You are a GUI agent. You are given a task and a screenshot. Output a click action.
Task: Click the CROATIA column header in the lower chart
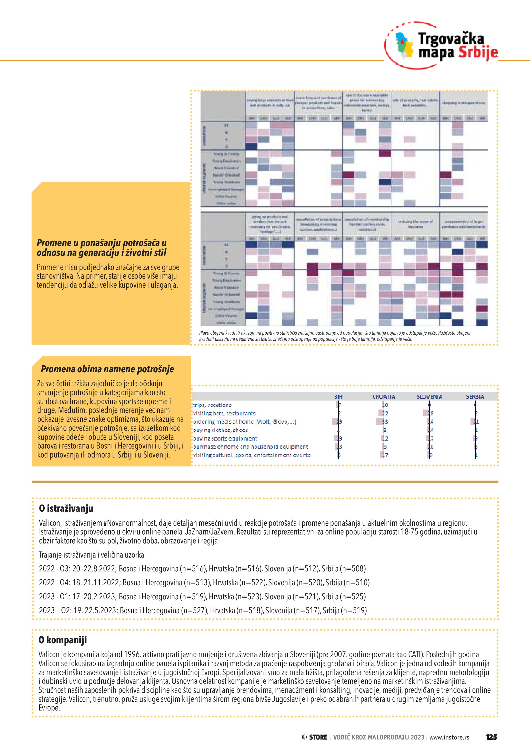(x=384, y=397)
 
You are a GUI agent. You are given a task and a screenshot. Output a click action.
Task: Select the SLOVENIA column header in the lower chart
(x=429, y=397)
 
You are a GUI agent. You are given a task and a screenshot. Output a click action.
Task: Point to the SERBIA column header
(x=475, y=397)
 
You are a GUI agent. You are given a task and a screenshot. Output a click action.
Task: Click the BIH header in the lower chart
(x=338, y=397)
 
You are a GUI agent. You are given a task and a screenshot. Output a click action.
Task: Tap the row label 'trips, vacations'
(x=212, y=405)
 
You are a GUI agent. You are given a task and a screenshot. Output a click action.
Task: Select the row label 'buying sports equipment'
(x=225, y=438)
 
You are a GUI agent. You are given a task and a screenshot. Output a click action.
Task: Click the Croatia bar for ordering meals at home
(x=381, y=422)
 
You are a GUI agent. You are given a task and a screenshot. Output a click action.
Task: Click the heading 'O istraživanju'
(x=66, y=508)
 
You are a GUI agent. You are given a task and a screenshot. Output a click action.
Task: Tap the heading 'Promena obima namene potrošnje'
(x=107, y=369)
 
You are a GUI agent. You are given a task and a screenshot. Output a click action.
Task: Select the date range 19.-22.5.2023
(x=95, y=610)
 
